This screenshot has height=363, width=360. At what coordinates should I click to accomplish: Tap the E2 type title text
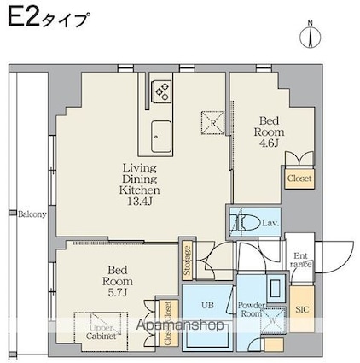click(x=47, y=19)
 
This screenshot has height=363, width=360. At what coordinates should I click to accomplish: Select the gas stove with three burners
click(x=161, y=91)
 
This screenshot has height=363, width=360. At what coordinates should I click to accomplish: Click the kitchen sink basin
click(x=161, y=137)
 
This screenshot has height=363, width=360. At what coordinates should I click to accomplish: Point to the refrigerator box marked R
click(x=212, y=123)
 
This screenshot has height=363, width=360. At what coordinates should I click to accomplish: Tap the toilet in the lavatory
click(x=248, y=222)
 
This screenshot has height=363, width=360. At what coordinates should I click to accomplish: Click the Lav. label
click(x=270, y=224)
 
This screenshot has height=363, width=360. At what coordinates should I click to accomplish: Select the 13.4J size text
click(x=140, y=202)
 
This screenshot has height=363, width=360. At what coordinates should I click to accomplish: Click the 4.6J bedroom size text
click(x=269, y=143)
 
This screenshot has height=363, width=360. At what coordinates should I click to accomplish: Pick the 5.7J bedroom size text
click(x=117, y=292)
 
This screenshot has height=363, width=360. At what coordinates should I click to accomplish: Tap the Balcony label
click(x=32, y=214)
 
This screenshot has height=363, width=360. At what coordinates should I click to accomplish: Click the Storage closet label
click(x=187, y=260)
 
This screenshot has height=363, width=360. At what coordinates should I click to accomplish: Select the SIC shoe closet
click(x=302, y=309)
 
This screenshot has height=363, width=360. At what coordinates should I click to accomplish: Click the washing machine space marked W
click(x=272, y=320)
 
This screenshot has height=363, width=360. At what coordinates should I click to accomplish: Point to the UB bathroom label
click(x=207, y=306)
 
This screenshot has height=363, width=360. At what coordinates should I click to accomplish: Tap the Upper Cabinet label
click(x=102, y=332)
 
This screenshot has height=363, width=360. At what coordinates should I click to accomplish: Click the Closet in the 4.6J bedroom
click(x=299, y=179)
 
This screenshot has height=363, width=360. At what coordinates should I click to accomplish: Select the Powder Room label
click(x=252, y=309)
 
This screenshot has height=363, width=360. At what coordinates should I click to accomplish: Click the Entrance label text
click(x=300, y=260)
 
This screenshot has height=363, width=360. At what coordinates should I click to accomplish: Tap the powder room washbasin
click(x=276, y=289)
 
